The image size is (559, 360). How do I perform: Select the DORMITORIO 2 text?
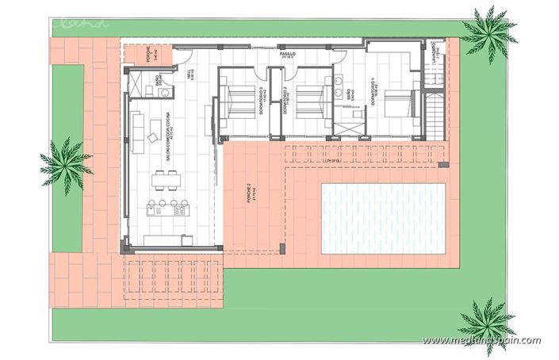coord(284,102)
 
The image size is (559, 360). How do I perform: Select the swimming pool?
coord(384,218)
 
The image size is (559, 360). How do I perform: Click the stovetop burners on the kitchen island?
coord(179,212)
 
